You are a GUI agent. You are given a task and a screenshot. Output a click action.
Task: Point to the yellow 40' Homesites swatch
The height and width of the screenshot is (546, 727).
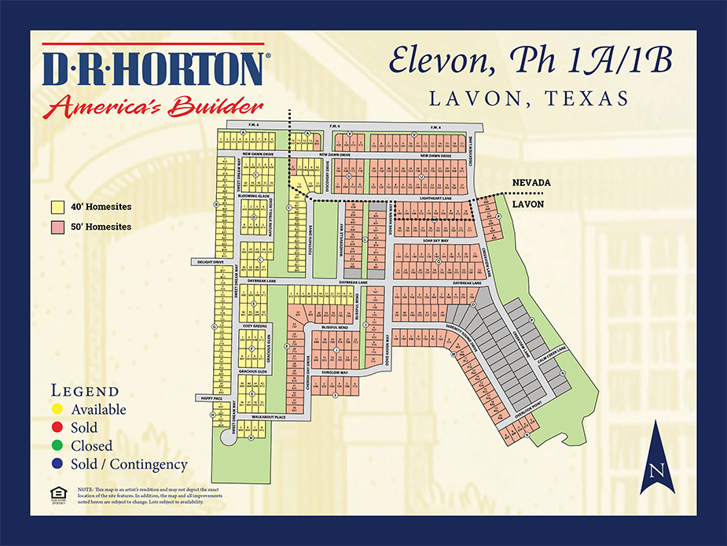pos(57,208)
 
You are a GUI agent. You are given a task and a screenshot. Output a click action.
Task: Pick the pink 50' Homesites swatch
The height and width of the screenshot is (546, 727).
pos(57,227)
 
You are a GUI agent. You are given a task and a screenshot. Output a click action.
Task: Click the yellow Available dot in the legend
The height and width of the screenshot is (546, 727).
pos(58,410)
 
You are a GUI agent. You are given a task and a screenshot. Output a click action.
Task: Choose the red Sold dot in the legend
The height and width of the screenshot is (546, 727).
pos(58,428)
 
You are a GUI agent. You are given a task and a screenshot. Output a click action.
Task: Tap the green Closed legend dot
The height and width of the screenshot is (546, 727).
pos(58,446)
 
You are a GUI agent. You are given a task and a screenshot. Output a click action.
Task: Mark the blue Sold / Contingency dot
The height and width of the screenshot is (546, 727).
pos(58,464)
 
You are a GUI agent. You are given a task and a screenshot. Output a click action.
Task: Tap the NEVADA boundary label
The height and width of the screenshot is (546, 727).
pos(531,183)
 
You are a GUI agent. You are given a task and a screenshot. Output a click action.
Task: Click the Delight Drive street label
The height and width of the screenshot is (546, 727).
pos(204,262)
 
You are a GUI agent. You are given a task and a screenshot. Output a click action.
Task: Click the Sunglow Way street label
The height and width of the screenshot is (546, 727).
pos(335,372)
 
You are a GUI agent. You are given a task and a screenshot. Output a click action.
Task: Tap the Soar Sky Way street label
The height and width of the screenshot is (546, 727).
pos(435,240)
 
